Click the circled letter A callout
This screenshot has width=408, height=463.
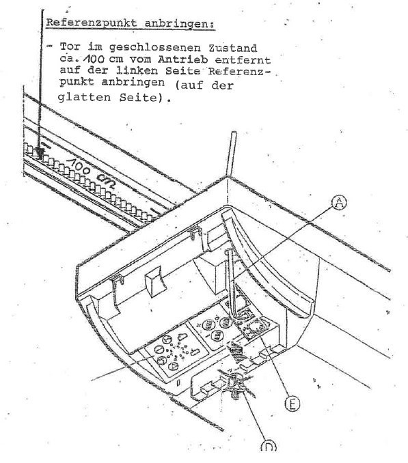[x=339, y=203]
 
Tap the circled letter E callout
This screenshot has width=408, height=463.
[x=293, y=404]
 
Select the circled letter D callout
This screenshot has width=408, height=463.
[x=269, y=447]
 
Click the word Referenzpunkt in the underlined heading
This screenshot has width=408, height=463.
[x=92, y=23]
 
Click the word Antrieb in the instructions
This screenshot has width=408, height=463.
[x=182, y=59]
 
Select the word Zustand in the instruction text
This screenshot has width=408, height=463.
[x=233, y=48]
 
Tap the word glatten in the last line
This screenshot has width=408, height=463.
[x=84, y=97]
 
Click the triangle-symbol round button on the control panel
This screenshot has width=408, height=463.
[x=174, y=366]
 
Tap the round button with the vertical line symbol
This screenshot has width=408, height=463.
[x=159, y=350]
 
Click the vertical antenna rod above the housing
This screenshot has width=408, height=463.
[x=231, y=154]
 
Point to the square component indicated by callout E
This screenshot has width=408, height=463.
[x=254, y=328]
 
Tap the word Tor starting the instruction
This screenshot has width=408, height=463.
[x=70, y=47]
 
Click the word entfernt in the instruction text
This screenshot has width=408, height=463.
[x=243, y=60]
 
